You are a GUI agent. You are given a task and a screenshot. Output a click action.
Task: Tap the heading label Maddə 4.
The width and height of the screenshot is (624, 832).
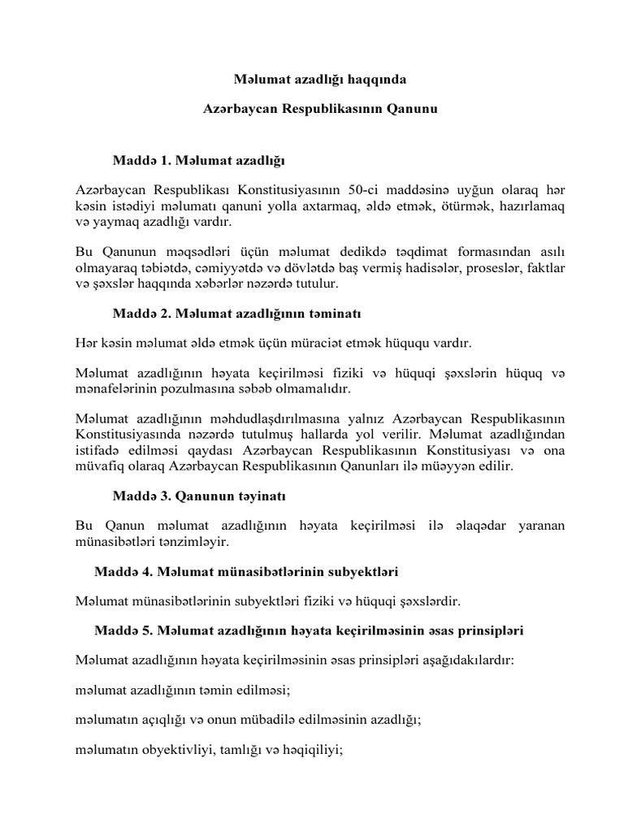click(x=123, y=572)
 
